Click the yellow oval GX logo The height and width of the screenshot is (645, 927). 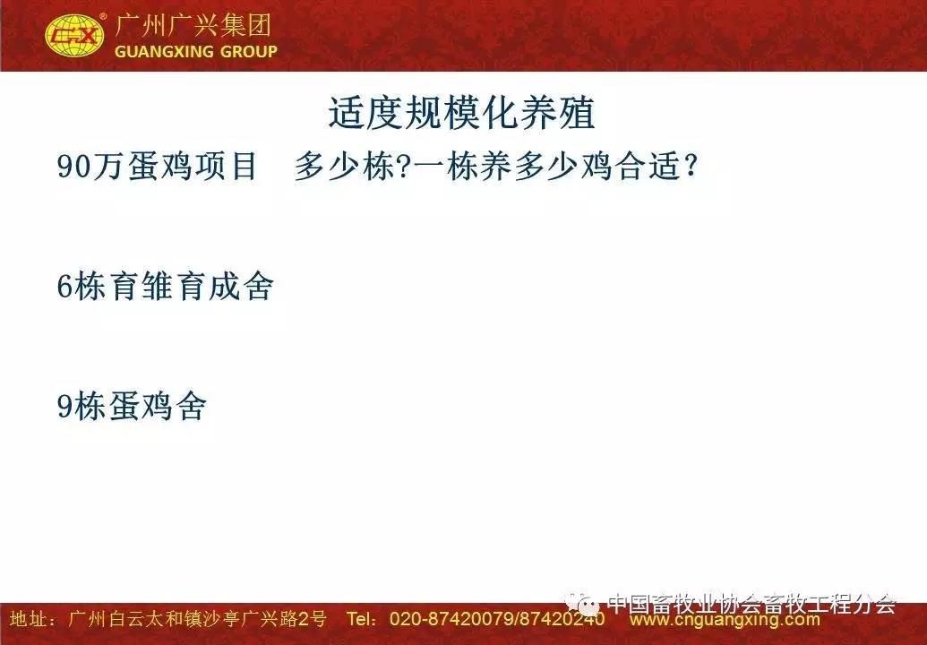pos(74,36)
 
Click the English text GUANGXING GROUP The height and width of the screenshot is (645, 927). pos(195,51)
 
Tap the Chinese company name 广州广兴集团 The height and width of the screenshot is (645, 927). pos(193,25)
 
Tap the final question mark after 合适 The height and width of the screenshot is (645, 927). pos(689,166)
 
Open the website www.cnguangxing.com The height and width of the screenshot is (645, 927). pos(725,620)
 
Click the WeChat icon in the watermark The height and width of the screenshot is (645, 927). pos(582,604)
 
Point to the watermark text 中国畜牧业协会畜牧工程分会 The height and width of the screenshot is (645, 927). pos(751,604)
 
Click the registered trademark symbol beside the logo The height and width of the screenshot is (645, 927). pos(103,16)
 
